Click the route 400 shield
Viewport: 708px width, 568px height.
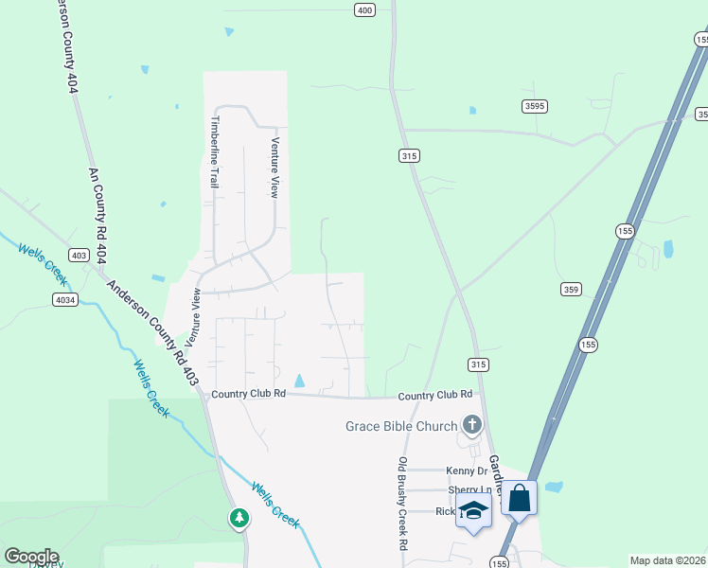click(x=365, y=10)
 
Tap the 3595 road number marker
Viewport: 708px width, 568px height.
click(x=534, y=106)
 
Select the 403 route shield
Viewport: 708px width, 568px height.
click(x=79, y=255)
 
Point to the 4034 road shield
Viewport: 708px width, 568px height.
click(x=64, y=299)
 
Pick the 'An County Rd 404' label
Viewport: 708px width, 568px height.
click(x=97, y=207)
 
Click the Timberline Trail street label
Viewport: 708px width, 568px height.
click(x=215, y=151)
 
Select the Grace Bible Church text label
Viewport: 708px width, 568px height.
click(x=401, y=426)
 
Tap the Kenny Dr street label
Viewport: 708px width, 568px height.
click(x=469, y=470)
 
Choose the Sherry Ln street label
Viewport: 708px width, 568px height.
click(x=465, y=490)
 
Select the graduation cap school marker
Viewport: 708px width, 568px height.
click(x=473, y=510)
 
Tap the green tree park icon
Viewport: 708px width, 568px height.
click(x=239, y=518)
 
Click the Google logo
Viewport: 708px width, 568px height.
click(x=31, y=557)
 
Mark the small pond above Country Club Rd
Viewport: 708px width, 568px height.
click(x=299, y=381)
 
